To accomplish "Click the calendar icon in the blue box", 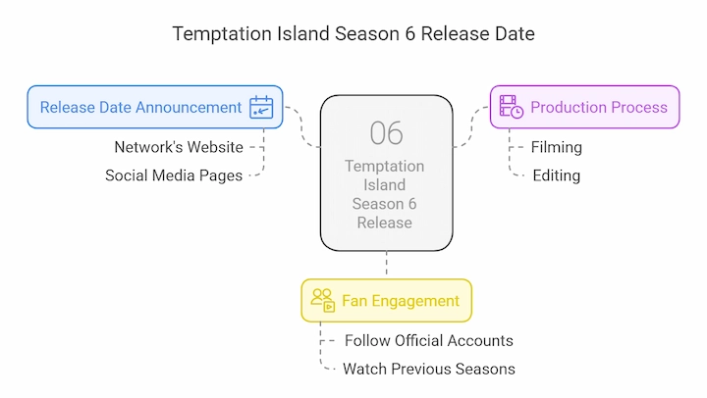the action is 261,107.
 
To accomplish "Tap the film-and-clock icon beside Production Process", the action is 512,107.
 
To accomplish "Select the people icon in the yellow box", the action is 323,300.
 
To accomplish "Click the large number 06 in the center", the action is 387,133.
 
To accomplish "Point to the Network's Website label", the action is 179,147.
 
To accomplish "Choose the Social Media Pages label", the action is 174,175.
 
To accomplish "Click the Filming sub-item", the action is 557,147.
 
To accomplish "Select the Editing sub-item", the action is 557,175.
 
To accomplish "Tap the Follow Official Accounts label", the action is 429,341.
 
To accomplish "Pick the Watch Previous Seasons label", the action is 429,370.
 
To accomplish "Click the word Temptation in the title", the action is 222,34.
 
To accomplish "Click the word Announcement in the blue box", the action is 189,108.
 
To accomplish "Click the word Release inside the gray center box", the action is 385,223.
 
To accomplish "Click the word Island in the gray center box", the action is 385,185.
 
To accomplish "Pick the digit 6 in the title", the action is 409,34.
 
